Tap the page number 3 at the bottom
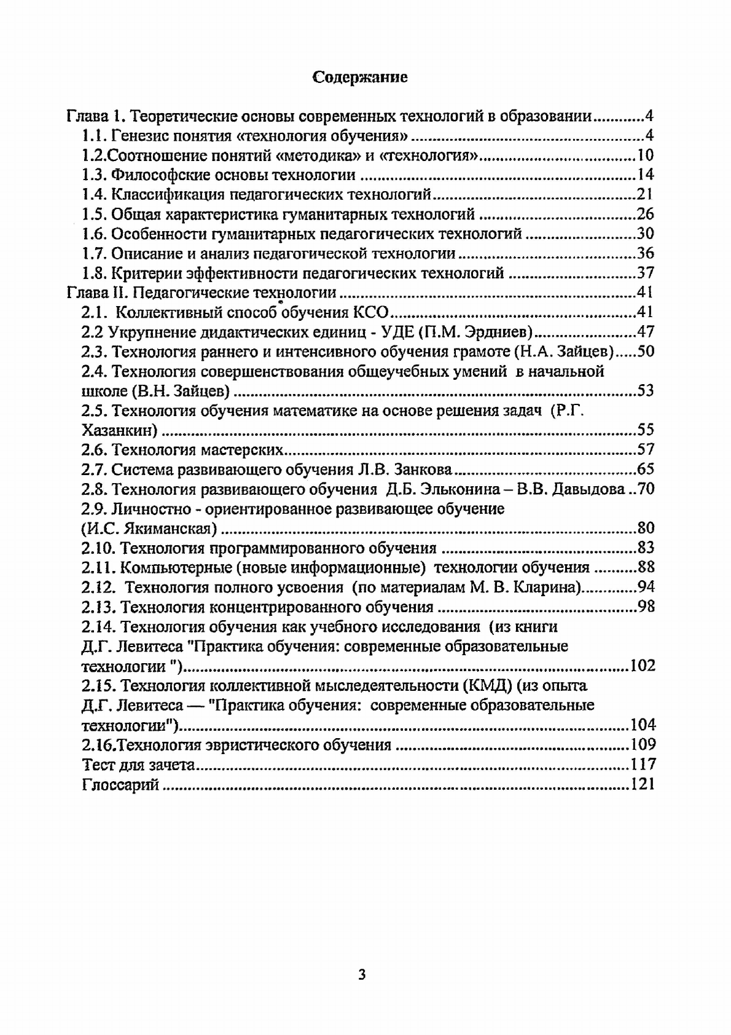[x=362, y=974]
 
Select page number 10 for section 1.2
[x=645, y=155]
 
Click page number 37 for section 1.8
[x=645, y=272]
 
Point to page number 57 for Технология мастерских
[x=645, y=449]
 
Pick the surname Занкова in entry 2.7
[x=421, y=470]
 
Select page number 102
[x=643, y=666]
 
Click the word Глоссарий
[x=120, y=784]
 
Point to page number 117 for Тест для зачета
[x=643, y=765]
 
